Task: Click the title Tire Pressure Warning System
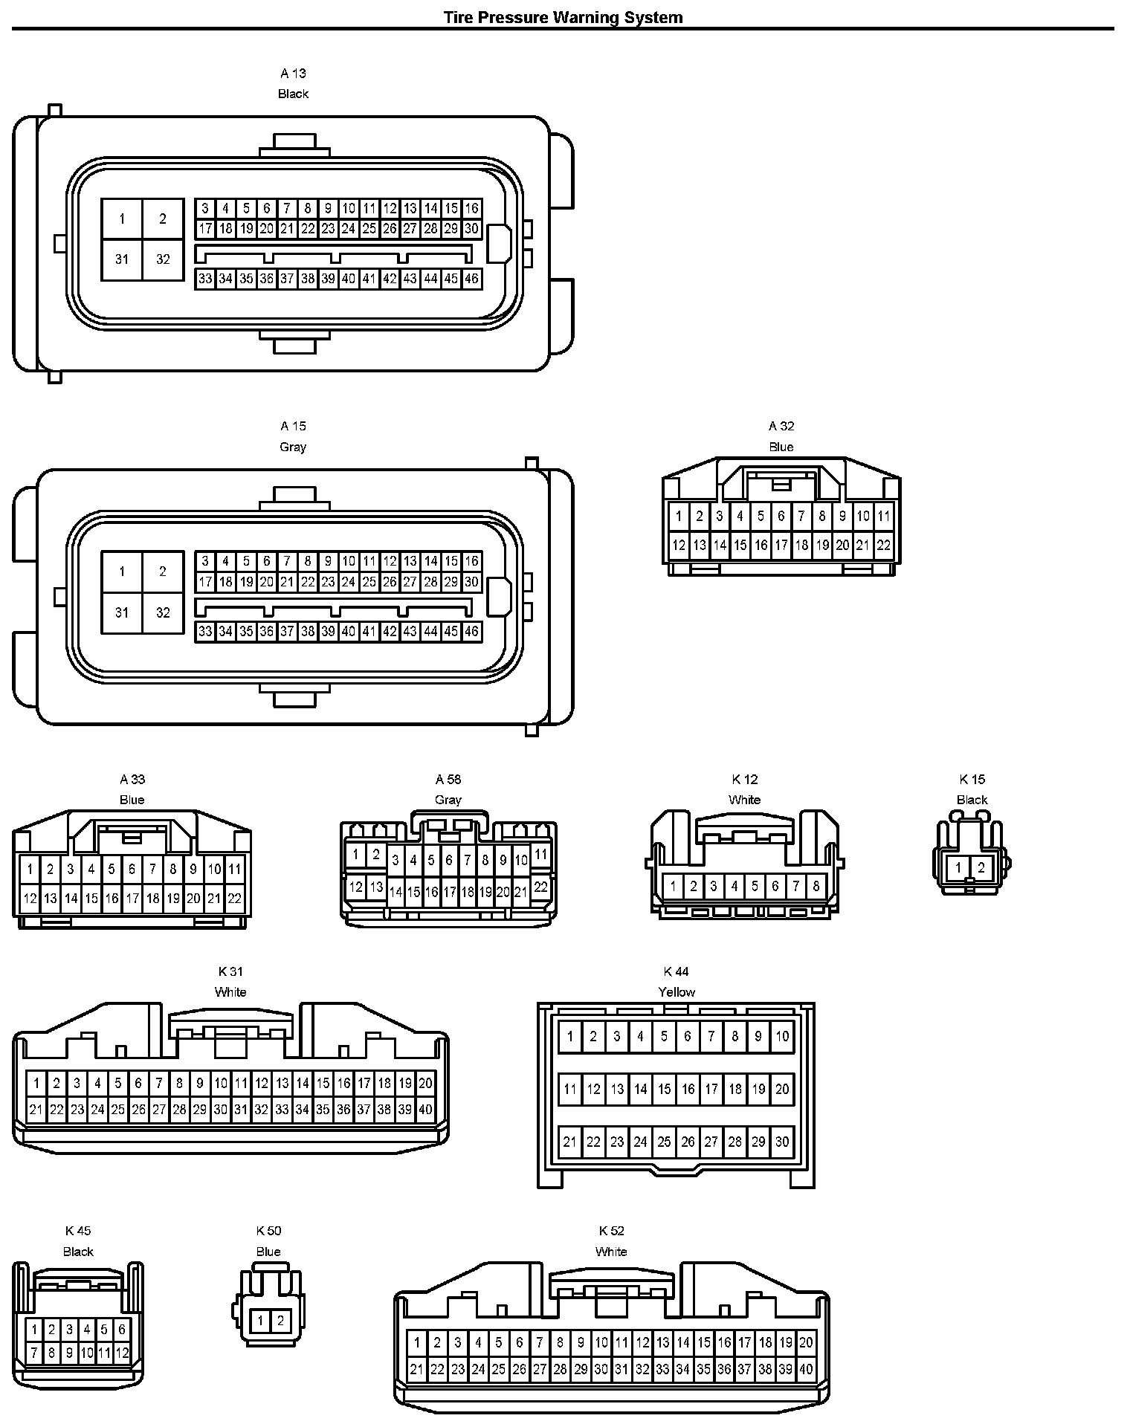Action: click(x=563, y=17)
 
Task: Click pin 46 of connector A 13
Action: click(x=471, y=279)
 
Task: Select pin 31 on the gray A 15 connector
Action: click(x=122, y=612)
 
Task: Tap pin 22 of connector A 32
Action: click(x=883, y=545)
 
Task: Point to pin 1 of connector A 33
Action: click(x=30, y=869)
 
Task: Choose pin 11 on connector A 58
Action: click(x=540, y=855)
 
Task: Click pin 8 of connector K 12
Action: click(x=816, y=886)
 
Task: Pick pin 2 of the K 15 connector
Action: click(x=981, y=867)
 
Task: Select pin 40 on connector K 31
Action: click(x=425, y=1110)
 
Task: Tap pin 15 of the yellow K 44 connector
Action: click(x=665, y=1090)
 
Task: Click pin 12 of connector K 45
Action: click(x=122, y=1353)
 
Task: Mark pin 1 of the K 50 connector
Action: click(x=260, y=1321)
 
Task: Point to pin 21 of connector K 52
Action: click(x=416, y=1370)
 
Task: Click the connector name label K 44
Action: click(x=677, y=971)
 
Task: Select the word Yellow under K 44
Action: click(x=677, y=992)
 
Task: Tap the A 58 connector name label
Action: click(x=448, y=779)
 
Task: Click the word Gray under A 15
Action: click(x=293, y=447)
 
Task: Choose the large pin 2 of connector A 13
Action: click(x=163, y=219)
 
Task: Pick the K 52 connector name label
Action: click(x=611, y=1231)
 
